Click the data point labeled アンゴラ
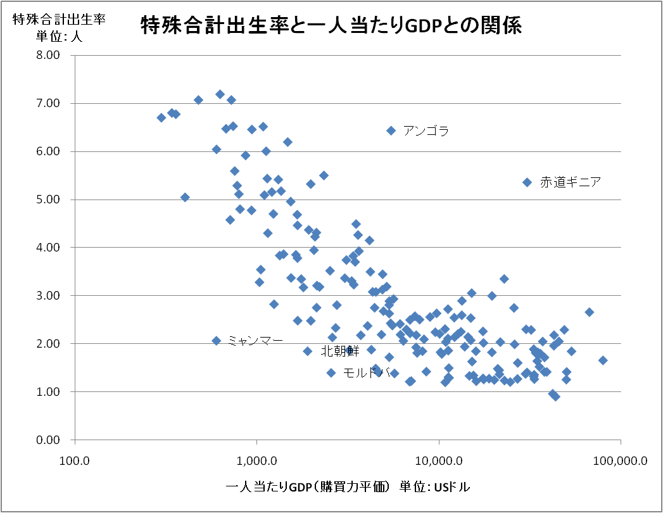click(391, 130)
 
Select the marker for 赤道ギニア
click(527, 182)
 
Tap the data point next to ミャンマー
click(216, 341)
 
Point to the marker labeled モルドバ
click(331, 372)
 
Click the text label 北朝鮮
click(340, 351)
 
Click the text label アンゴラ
click(426, 131)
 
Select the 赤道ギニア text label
click(570, 182)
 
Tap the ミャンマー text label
click(255, 341)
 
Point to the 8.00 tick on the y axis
click(47, 55)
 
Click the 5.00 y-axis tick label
click(47, 199)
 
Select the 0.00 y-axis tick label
click(47, 440)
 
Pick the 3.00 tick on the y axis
click(47, 296)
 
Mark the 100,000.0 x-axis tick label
click(620, 461)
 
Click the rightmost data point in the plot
click(603, 360)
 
